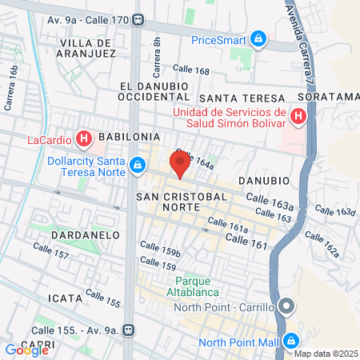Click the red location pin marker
[x=181, y=166]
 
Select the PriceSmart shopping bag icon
[x=258, y=38]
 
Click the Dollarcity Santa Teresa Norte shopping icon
[x=138, y=165]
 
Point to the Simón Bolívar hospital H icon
[x=298, y=117]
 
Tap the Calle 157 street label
[x=51, y=254]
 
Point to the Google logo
[x=27, y=350]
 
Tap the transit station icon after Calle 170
[x=139, y=20]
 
